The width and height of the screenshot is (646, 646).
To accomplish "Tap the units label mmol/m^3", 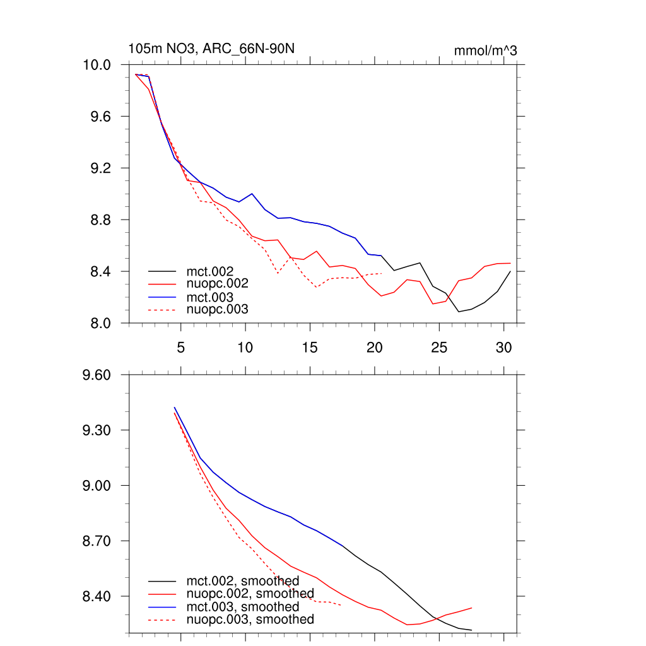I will pyautogui.click(x=485, y=50).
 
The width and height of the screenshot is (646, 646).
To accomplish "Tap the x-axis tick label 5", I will pyautogui.click(x=180, y=347).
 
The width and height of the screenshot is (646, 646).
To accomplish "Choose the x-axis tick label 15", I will pyautogui.click(x=310, y=347).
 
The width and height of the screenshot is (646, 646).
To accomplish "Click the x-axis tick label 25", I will pyautogui.click(x=439, y=347).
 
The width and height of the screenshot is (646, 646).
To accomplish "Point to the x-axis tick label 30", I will pyautogui.click(x=503, y=347).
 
